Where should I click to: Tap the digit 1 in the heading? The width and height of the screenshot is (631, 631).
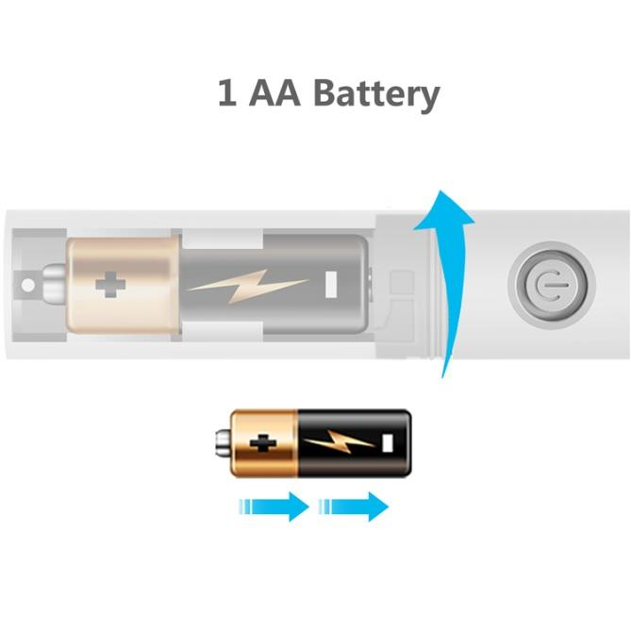[x=226, y=94]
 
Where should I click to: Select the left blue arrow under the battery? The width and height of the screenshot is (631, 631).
[x=274, y=506]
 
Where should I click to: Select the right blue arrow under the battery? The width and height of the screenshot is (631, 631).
[x=354, y=506]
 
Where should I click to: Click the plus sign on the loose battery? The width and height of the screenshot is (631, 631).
[x=263, y=441]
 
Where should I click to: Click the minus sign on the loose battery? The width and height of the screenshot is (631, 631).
[x=389, y=441]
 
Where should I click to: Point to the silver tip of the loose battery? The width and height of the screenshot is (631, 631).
[x=222, y=441]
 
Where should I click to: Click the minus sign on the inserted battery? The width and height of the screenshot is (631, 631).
[x=332, y=283]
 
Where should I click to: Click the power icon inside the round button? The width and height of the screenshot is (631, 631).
[x=553, y=283]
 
